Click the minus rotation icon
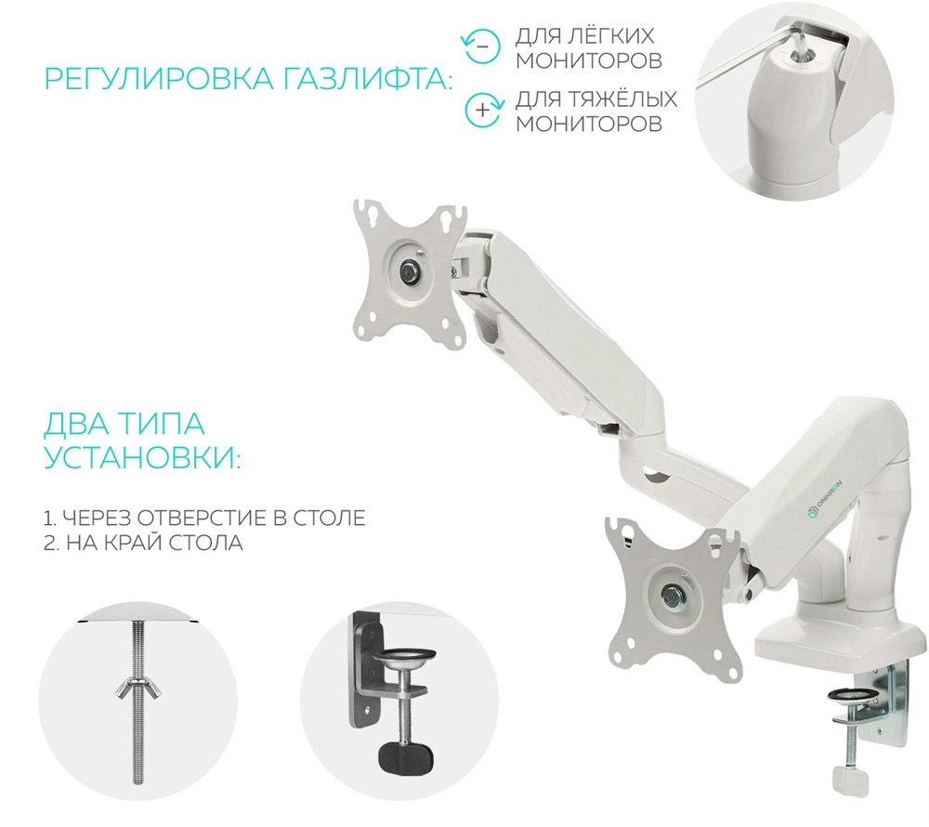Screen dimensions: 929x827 (x=481, y=46)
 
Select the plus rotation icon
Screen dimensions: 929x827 (x=484, y=110)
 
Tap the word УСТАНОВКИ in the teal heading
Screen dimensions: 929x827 (x=142, y=457)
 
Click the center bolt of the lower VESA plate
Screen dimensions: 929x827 (x=672, y=593)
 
